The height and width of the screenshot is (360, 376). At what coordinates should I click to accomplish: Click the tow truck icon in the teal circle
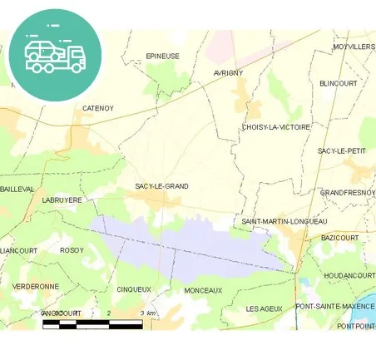point(55,54)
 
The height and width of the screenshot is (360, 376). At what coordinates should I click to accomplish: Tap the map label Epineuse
point(162,56)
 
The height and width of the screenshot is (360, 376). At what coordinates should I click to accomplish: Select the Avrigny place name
point(228,73)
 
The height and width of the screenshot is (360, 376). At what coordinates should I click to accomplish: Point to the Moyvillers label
point(353,47)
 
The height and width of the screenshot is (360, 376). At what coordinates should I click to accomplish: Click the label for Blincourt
point(338,84)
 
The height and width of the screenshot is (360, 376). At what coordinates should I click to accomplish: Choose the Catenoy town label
point(98,108)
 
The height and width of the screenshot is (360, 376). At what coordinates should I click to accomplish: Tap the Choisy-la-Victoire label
point(275,127)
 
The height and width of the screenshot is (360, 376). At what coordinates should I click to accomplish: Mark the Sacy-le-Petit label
point(342,150)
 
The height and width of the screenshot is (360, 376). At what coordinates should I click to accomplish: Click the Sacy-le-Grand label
point(161,186)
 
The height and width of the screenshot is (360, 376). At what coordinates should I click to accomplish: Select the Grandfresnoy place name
point(347,192)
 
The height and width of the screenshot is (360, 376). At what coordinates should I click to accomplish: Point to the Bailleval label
point(17,189)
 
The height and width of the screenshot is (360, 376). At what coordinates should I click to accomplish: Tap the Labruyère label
point(62,200)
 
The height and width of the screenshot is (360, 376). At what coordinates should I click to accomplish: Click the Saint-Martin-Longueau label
point(284,221)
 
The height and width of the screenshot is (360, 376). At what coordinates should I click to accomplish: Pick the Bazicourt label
point(339,238)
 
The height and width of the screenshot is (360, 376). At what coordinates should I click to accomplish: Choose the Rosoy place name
point(72,249)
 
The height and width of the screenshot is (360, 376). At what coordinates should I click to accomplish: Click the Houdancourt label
point(349,275)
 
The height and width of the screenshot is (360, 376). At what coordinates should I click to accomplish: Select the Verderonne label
point(36,286)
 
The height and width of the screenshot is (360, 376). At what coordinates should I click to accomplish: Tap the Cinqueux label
point(134,289)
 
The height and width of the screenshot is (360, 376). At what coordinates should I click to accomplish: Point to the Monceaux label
point(203,290)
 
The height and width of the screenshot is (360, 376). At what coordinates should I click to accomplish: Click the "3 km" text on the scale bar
point(148,313)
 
